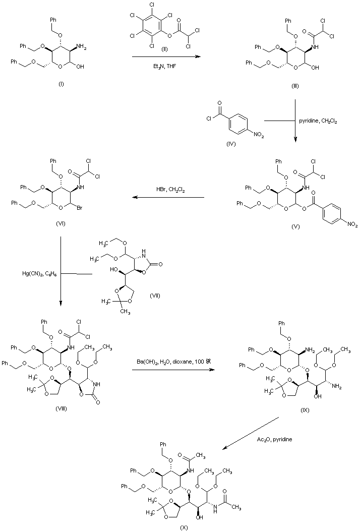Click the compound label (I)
point(61,84)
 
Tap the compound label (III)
point(295,86)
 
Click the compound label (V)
point(295,226)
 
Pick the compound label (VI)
point(61,223)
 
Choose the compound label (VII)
point(154,296)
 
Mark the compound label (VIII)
point(61,409)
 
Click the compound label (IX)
point(305,410)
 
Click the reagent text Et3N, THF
point(164,67)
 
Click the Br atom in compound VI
point(80,208)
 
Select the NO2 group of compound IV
point(258,136)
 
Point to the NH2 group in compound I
point(82,49)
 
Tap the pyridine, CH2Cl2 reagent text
point(318,121)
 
